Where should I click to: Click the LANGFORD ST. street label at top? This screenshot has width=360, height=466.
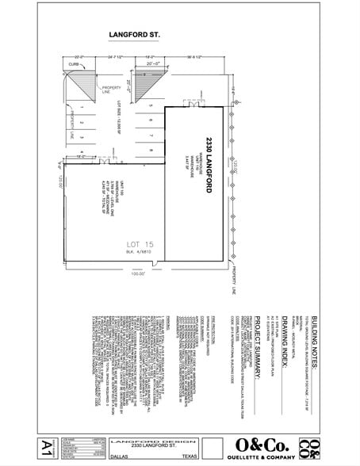pos(129,35)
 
